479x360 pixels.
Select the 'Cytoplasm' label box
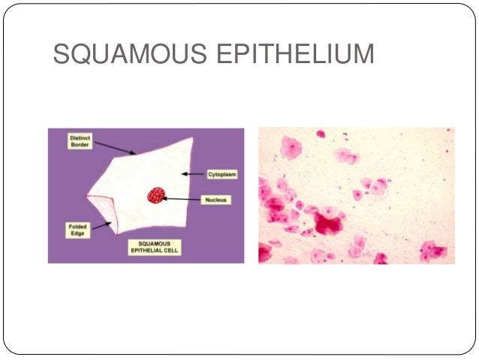(x=222, y=174)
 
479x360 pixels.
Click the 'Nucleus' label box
(x=219, y=200)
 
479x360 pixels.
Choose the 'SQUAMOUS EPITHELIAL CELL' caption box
(x=158, y=247)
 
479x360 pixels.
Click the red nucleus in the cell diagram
(x=157, y=195)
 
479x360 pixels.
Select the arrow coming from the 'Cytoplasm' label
(x=194, y=174)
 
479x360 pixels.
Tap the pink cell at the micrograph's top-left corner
(x=291, y=147)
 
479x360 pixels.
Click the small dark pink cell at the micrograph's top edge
(x=321, y=134)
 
